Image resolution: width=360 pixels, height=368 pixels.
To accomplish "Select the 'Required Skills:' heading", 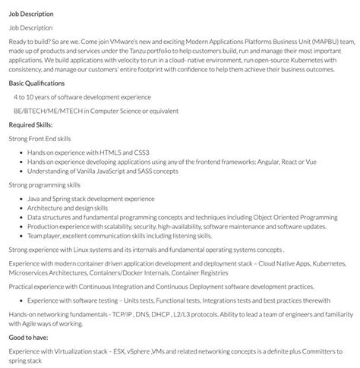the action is point(32,124).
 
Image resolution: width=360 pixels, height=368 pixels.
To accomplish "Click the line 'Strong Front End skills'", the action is point(39,138).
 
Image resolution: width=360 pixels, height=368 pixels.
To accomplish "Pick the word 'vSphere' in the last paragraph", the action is point(133,351).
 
